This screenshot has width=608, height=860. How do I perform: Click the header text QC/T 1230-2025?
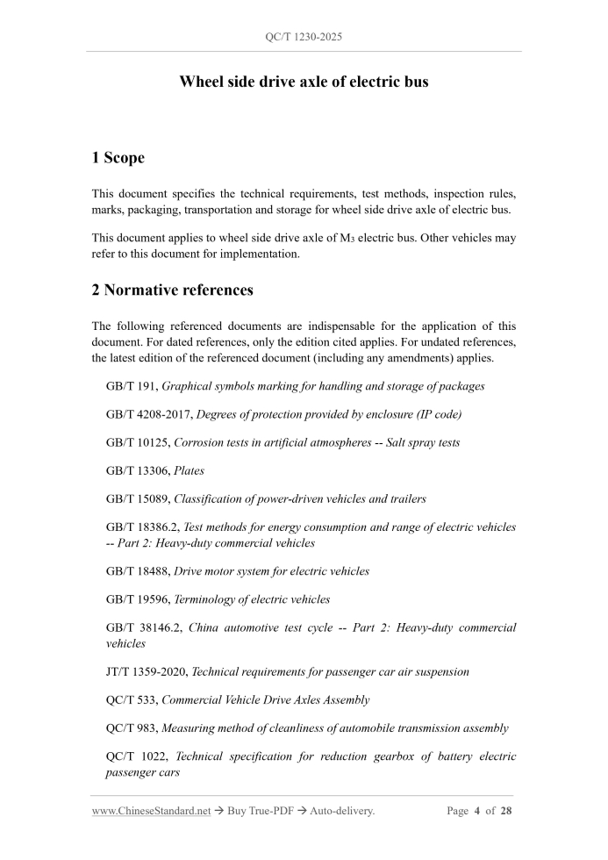point(304,38)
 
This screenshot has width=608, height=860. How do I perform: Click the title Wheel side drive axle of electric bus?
point(304,82)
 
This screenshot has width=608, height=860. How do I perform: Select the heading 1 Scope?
point(118,158)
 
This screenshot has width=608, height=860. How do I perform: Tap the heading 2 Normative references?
point(172,290)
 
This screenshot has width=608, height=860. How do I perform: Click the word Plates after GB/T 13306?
point(190,470)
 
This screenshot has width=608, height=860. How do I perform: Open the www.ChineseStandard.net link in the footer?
point(151,811)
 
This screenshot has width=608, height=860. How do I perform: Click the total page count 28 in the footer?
point(505,811)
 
